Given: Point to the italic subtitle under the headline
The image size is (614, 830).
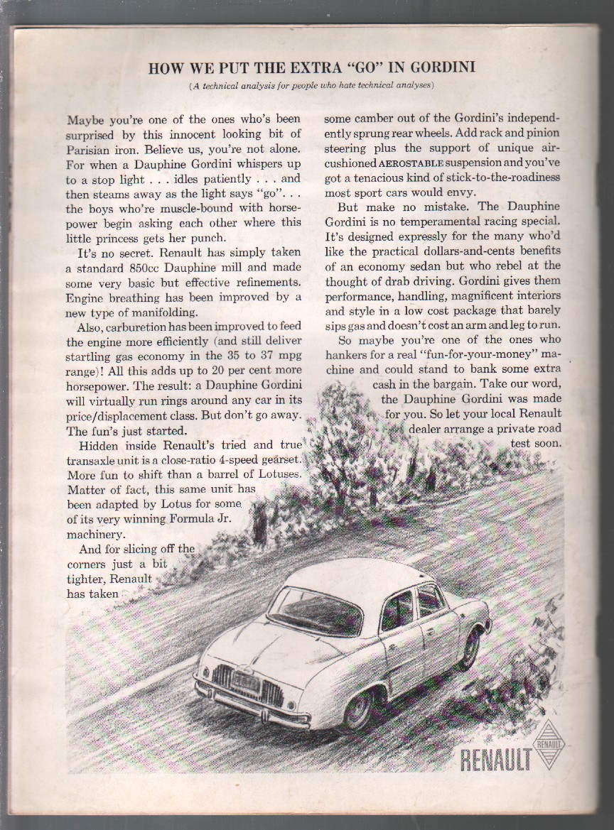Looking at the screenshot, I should pyautogui.click(x=311, y=86).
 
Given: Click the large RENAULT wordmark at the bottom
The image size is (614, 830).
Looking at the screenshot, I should pyautogui.click(x=496, y=760).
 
